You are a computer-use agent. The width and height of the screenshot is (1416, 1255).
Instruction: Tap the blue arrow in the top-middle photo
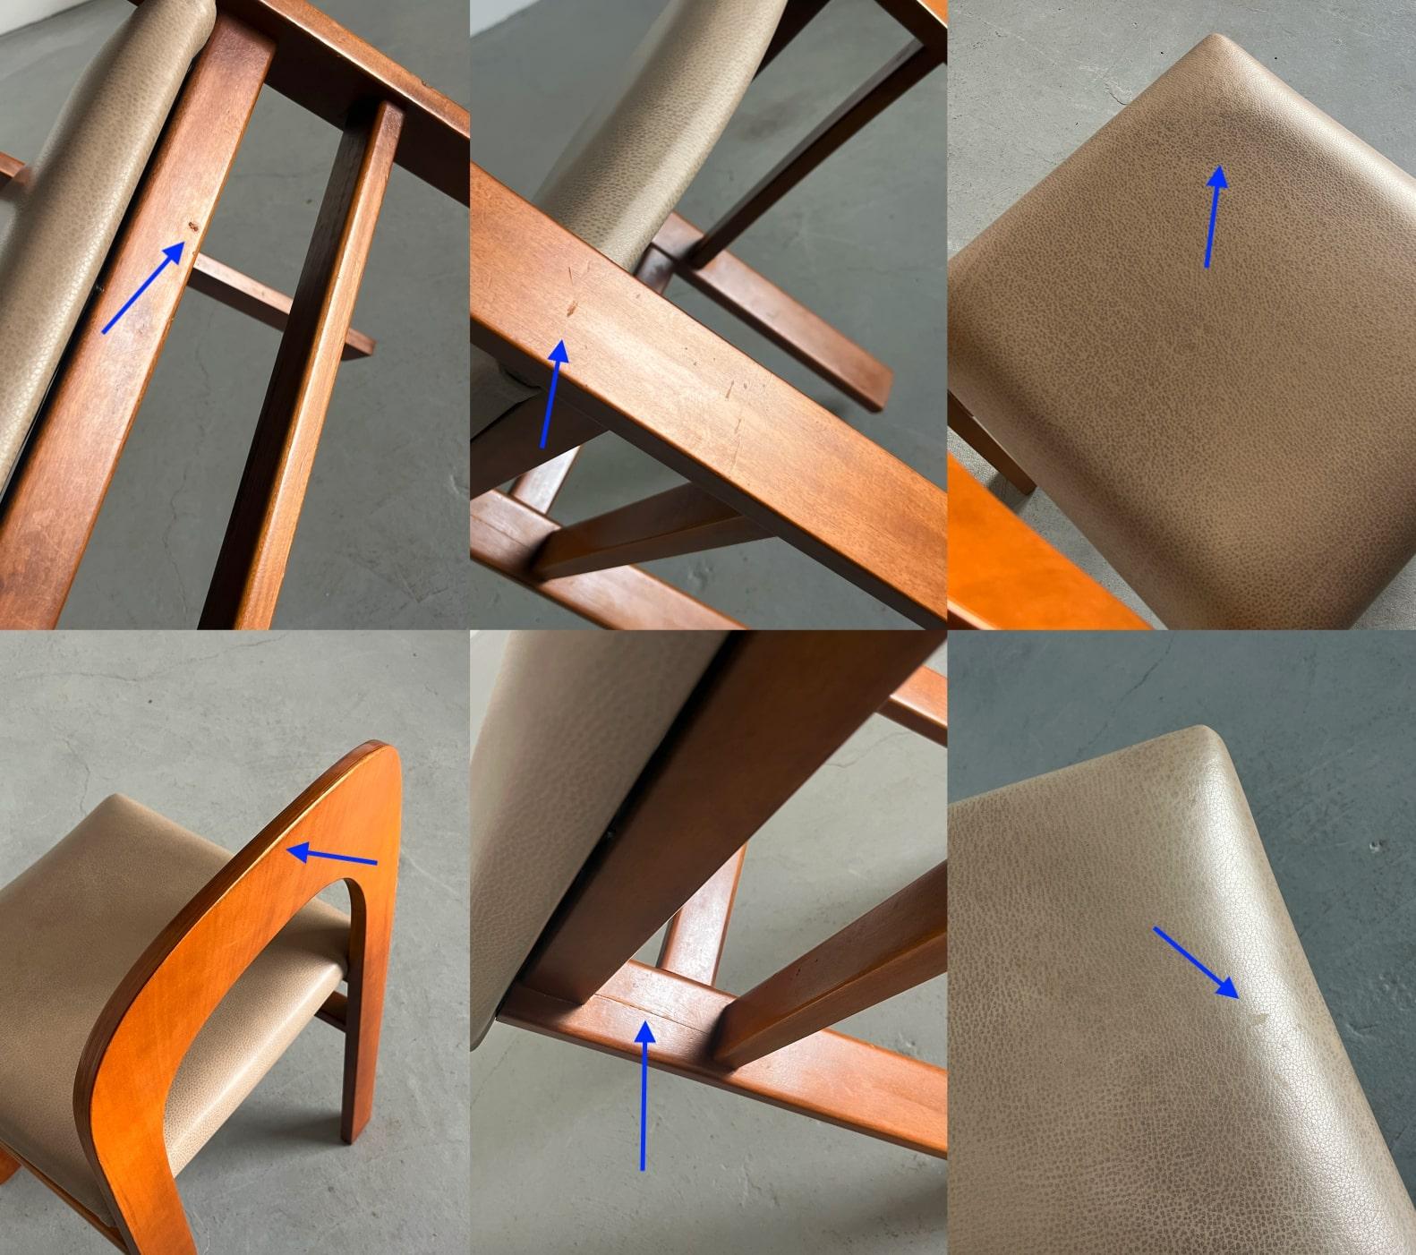(x=551, y=394)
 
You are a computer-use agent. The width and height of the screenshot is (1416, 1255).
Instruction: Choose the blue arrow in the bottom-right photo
(x=1196, y=962)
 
